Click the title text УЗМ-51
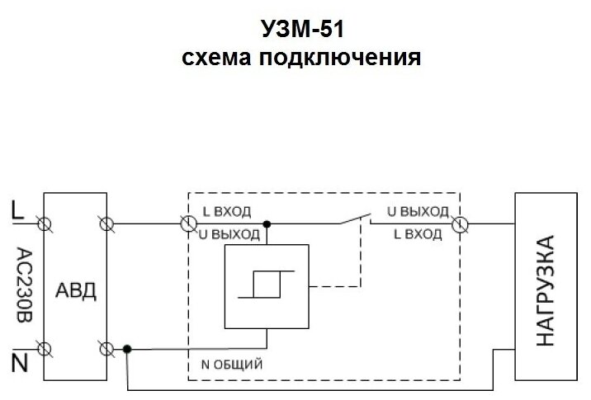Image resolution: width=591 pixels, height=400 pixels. point(300,30)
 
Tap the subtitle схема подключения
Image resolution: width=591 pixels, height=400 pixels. point(300,59)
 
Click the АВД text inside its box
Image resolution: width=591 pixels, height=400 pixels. point(76,290)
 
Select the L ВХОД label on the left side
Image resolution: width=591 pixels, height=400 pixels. point(226,210)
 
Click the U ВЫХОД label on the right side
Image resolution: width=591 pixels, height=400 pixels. point(418,210)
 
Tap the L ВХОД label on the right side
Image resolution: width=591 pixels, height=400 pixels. point(418,235)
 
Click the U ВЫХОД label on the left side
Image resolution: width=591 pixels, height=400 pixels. point(230,235)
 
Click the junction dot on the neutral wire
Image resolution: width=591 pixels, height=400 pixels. point(126,349)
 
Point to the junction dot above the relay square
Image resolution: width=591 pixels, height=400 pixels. point(266,223)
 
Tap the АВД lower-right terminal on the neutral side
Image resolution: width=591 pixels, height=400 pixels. point(106,349)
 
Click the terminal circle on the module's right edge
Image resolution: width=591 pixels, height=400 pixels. point(460,223)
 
